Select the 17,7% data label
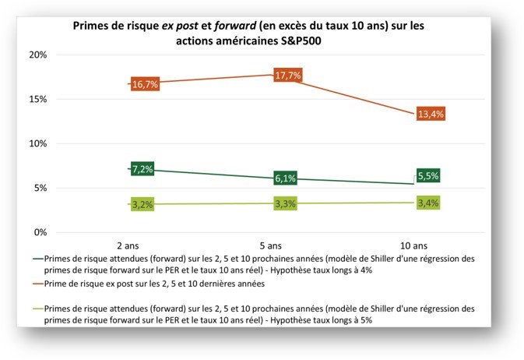click(x=287, y=76)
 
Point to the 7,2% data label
click(x=142, y=168)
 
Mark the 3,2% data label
click(x=142, y=205)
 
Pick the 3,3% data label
click(x=285, y=204)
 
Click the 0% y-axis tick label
click(x=42, y=232)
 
